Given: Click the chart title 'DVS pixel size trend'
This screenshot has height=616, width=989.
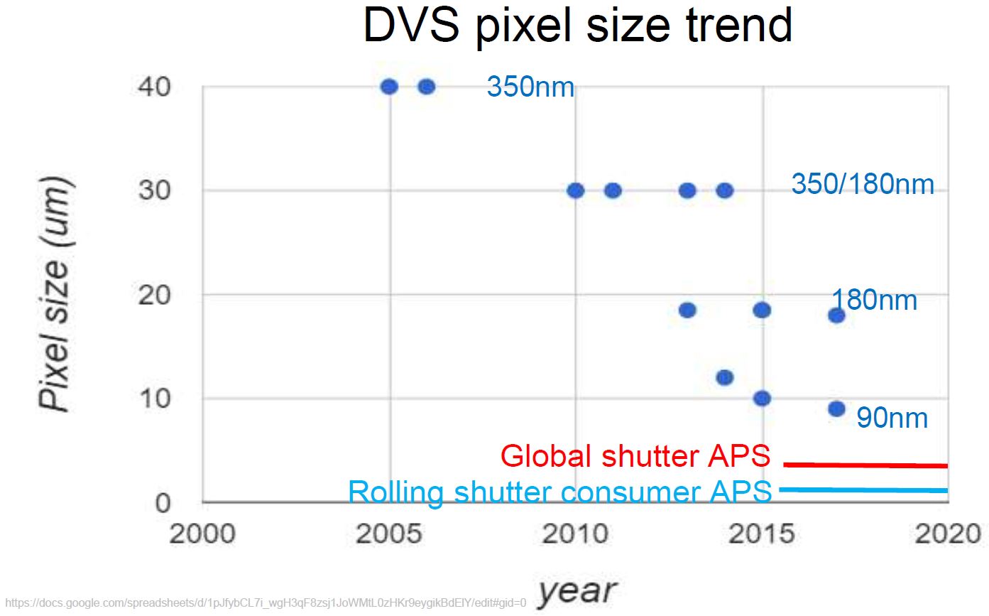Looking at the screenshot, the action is (x=578, y=26).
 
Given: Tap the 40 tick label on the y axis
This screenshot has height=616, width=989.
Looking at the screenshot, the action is (x=153, y=87).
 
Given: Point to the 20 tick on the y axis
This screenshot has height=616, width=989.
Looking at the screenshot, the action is (x=153, y=295).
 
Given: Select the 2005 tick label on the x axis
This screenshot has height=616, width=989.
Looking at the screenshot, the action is (x=389, y=534).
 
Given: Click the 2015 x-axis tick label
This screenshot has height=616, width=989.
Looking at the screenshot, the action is (x=762, y=534).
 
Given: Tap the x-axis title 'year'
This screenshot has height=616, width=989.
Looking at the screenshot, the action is (x=577, y=591).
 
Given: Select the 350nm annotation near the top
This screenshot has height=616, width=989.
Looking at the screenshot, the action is (x=530, y=87).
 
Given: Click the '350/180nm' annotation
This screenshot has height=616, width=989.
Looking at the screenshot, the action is (x=863, y=184).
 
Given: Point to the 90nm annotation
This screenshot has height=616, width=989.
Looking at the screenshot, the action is (x=892, y=418).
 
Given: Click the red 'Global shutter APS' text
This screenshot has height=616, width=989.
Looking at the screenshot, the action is (x=635, y=455).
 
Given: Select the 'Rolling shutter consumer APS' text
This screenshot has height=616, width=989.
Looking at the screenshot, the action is (x=560, y=492).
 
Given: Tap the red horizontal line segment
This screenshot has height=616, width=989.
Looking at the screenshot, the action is (x=865, y=465).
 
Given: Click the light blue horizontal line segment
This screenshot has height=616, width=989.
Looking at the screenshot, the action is (x=863, y=490).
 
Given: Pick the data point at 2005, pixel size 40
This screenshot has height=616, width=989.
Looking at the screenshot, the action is (x=389, y=87).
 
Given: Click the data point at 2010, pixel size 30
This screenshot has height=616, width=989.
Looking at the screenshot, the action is (x=575, y=191).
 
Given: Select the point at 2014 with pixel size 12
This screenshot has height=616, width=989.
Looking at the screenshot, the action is (x=724, y=378).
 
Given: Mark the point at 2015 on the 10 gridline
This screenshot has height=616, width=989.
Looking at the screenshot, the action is (x=762, y=399).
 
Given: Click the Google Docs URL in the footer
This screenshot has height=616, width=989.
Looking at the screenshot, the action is (x=266, y=603).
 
